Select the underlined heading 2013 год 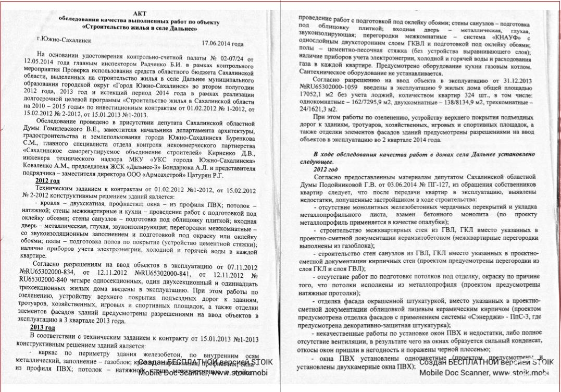click(43, 327)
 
